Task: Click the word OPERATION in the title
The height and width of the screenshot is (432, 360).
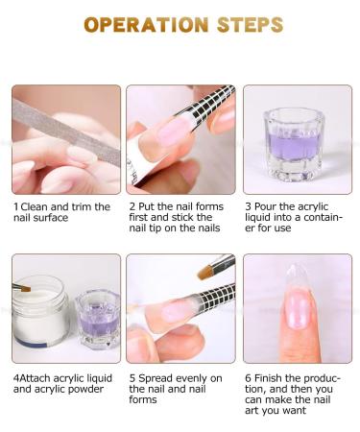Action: (142, 24)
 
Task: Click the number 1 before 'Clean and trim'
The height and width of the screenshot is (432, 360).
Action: (15, 206)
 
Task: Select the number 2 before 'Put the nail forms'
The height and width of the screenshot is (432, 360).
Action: (132, 206)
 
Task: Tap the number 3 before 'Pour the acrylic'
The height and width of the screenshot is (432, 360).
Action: (247, 206)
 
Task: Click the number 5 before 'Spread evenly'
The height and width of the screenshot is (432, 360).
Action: (132, 378)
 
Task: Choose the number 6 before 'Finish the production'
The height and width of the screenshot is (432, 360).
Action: (247, 378)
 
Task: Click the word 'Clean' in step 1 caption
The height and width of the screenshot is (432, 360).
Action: (33, 206)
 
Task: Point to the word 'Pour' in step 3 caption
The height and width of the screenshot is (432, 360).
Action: (267, 206)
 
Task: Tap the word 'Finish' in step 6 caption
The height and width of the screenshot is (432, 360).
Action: (269, 378)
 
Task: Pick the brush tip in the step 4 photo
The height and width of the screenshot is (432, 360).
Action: (22, 287)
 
